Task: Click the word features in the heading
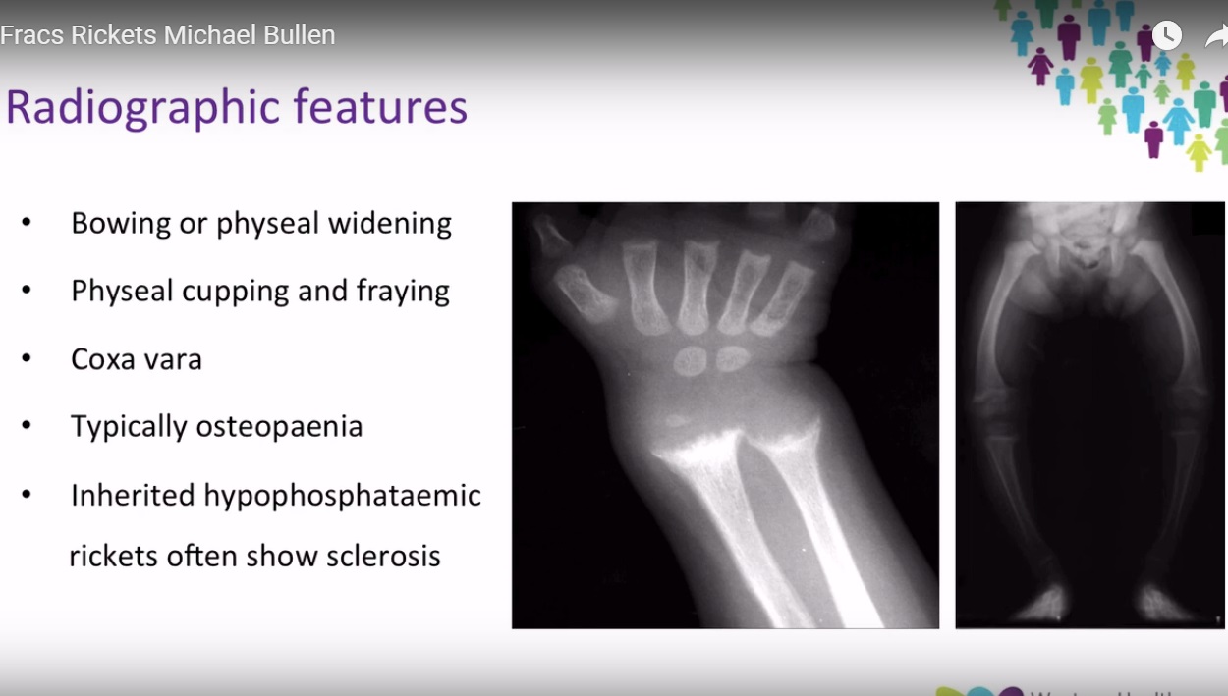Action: [386, 107]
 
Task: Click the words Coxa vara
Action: [137, 359]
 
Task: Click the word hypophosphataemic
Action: [342, 496]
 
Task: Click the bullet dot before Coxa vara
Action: [27, 358]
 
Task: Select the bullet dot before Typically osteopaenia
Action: [27, 426]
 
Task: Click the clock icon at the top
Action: [1166, 35]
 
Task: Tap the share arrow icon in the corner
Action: [1216, 36]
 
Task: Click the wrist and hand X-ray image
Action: [725, 415]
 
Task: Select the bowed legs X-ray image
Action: [1090, 415]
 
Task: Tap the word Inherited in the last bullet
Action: [133, 495]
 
